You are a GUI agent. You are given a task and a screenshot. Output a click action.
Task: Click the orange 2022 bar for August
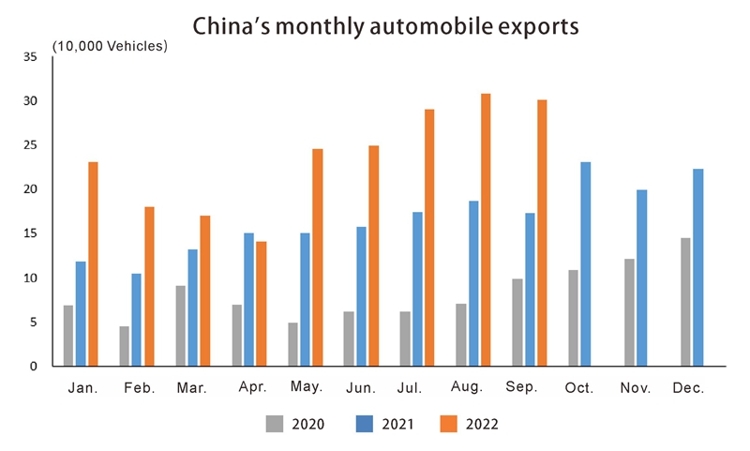pyautogui.click(x=486, y=230)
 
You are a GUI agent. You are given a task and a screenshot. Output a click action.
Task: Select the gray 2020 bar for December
pyautogui.click(x=686, y=302)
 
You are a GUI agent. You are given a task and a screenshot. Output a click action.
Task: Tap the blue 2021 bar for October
pyautogui.click(x=586, y=263)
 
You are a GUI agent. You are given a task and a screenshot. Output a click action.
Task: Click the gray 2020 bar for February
pyautogui.click(x=125, y=346)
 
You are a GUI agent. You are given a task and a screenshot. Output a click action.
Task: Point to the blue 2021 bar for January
pyautogui.click(x=81, y=313)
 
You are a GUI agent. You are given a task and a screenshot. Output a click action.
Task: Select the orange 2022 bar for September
pyautogui.click(x=542, y=233)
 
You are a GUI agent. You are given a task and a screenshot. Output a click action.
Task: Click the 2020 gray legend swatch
pyautogui.click(x=274, y=424)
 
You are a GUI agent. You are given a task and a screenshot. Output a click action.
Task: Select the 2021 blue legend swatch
pyautogui.click(x=361, y=424)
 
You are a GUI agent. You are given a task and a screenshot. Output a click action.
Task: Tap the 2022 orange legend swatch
pyautogui.click(x=449, y=424)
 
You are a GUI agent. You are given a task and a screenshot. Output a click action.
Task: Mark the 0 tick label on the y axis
pyautogui.click(x=34, y=367)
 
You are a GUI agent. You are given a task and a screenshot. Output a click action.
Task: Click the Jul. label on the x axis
pyautogui.click(x=411, y=387)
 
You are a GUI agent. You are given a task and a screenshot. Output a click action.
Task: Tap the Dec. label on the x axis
pyautogui.click(x=688, y=387)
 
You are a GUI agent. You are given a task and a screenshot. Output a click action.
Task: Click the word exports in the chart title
pyautogui.click(x=528, y=27)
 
